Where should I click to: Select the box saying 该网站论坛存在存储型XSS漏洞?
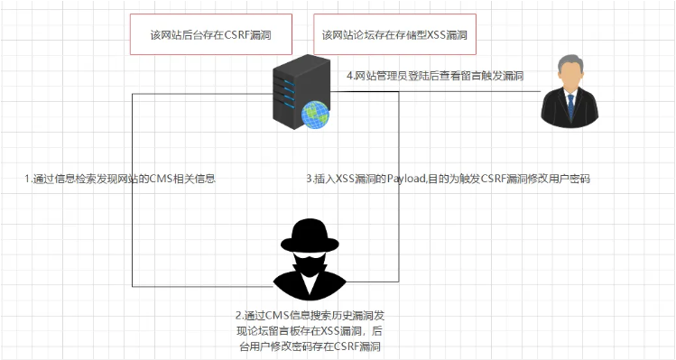tap(394, 35)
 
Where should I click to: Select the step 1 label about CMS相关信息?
tap(119, 179)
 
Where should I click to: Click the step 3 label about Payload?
tap(448, 179)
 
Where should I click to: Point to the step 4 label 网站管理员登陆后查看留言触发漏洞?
tap(435, 76)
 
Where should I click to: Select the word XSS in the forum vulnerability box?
tap(427, 35)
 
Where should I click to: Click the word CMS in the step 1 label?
tap(155, 179)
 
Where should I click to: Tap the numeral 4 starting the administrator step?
tap(350, 76)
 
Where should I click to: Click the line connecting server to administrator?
tap(433, 90)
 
